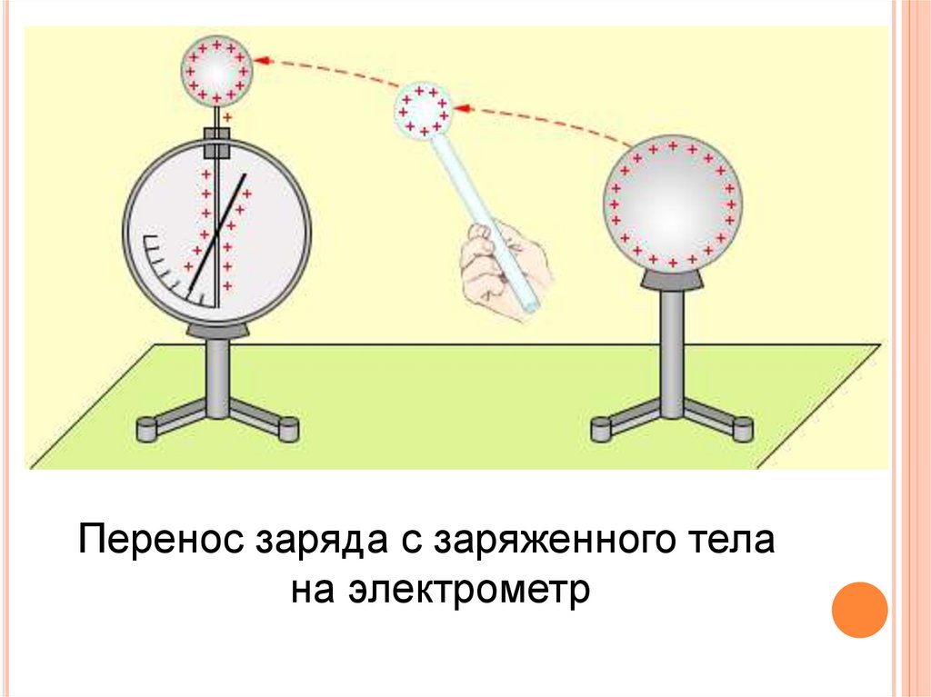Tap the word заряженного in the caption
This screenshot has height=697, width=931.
tap(547, 542)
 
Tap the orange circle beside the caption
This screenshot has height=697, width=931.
tap(859, 609)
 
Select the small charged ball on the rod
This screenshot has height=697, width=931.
tap(422, 110)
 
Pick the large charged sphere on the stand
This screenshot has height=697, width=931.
tap(673, 202)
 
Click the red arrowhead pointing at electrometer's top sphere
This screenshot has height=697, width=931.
tap(261, 61)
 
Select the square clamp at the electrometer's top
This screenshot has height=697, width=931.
tap(217, 140)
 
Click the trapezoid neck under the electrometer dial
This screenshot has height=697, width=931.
tap(217, 327)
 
